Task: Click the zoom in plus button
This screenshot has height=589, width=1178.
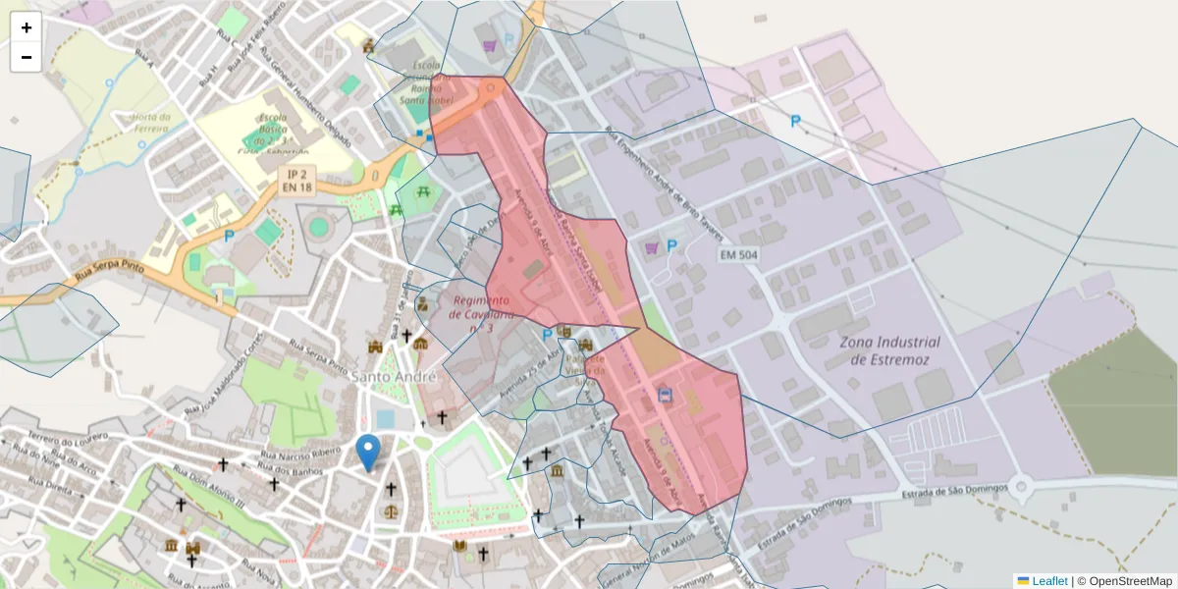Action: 27,27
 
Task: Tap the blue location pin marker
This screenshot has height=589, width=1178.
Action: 368,452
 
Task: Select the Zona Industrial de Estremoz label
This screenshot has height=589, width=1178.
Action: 889,350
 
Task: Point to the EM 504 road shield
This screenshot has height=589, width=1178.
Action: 738,255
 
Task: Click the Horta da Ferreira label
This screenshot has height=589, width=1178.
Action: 137,123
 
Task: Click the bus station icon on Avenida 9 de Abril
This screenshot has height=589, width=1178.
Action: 665,396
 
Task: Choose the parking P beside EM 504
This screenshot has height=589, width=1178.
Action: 672,246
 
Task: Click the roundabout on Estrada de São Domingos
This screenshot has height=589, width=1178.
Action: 1022,485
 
